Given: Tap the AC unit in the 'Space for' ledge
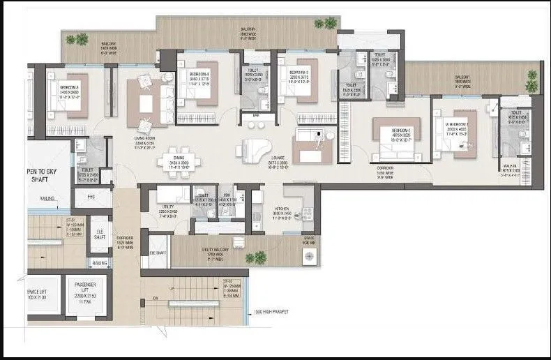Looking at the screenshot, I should [308, 257].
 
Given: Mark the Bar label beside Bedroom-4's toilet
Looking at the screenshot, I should [256, 114].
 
